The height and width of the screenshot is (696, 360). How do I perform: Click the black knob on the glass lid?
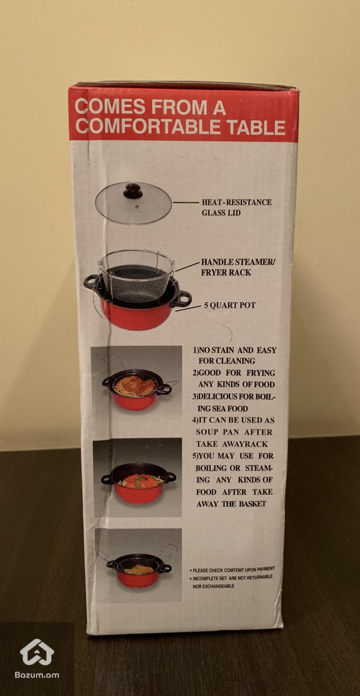pyautogui.click(x=133, y=190)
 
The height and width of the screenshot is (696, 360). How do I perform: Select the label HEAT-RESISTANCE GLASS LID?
pyautogui.click(x=237, y=208)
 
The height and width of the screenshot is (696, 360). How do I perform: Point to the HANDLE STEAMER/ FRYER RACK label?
pyautogui.click(x=238, y=267)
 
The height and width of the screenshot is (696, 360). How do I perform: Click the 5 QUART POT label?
pyautogui.click(x=230, y=305)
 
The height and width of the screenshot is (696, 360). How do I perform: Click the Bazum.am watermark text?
pyautogui.click(x=37, y=675)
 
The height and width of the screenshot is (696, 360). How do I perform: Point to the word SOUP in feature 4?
pyautogui.click(x=206, y=432)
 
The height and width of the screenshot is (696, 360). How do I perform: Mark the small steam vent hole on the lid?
pyautogui.click(x=137, y=206)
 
